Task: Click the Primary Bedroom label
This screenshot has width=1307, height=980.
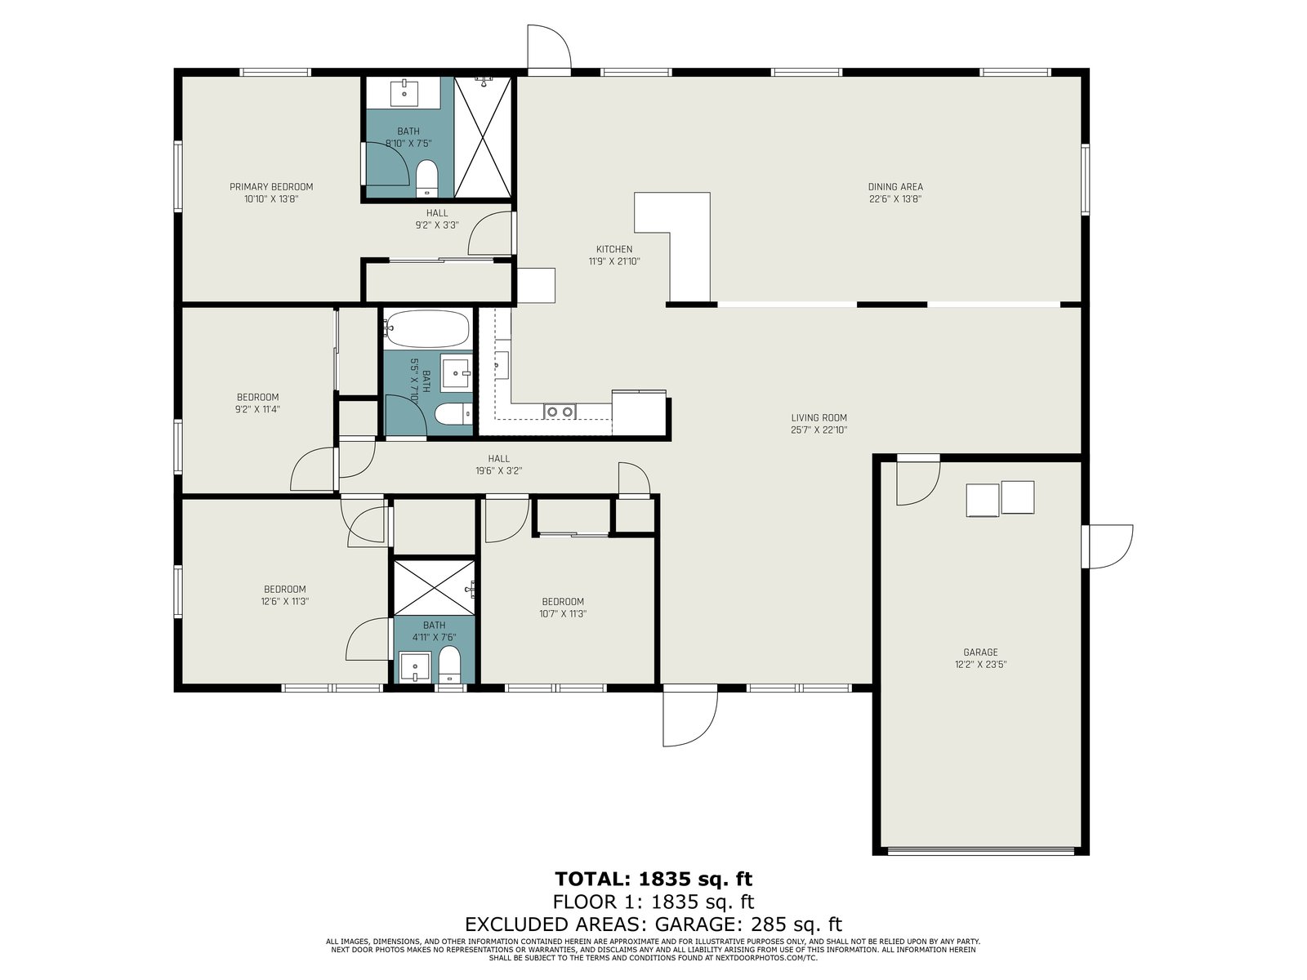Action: pos(271,187)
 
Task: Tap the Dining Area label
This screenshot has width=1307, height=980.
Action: pos(895,187)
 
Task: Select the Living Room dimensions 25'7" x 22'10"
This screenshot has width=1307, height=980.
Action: pos(819,430)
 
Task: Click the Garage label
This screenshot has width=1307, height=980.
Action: pos(980,653)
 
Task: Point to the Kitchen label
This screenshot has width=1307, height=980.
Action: pos(614,249)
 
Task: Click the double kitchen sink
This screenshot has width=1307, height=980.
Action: pos(559,411)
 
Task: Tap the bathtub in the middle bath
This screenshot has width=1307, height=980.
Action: pos(426,327)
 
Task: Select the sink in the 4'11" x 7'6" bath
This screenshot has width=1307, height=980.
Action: pos(415,667)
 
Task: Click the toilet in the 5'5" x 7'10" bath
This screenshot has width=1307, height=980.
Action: pos(453,413)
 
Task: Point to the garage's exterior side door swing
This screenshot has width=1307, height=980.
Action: pos(1108,546)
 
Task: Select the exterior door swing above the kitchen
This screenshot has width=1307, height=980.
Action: pos(549,47)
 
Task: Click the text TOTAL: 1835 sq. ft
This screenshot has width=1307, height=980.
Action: pos(653,879)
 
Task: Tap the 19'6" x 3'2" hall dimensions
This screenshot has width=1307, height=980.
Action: pos(498,470)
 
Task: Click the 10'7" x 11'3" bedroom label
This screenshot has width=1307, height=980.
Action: pos(563,608)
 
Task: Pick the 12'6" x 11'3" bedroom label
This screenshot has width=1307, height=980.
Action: pos(284,595)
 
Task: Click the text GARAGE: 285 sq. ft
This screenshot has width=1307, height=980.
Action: pos(748,924)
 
